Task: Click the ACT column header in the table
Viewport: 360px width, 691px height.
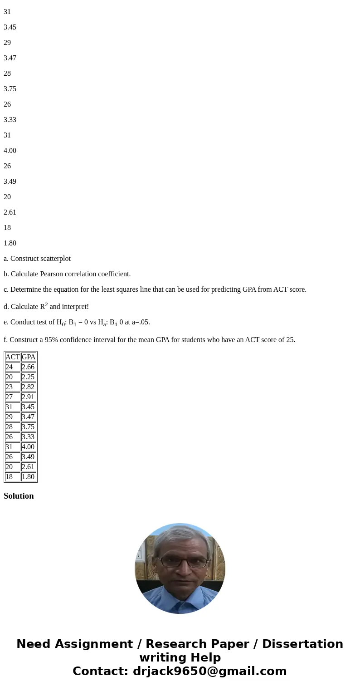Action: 12,357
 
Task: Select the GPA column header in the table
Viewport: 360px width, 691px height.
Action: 29,357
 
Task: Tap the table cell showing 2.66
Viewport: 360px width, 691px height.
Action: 28,367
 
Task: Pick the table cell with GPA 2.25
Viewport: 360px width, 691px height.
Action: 28,377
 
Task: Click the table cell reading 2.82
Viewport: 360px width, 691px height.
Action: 28,387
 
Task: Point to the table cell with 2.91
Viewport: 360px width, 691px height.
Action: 28,397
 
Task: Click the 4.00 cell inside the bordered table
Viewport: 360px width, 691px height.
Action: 28,447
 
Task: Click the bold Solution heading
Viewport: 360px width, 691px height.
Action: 19,496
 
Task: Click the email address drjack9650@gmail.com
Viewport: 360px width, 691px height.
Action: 209,671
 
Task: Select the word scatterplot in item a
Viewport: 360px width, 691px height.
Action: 54,259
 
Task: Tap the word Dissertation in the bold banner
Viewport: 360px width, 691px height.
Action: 302,644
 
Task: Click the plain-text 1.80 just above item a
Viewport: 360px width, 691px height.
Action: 10,243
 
